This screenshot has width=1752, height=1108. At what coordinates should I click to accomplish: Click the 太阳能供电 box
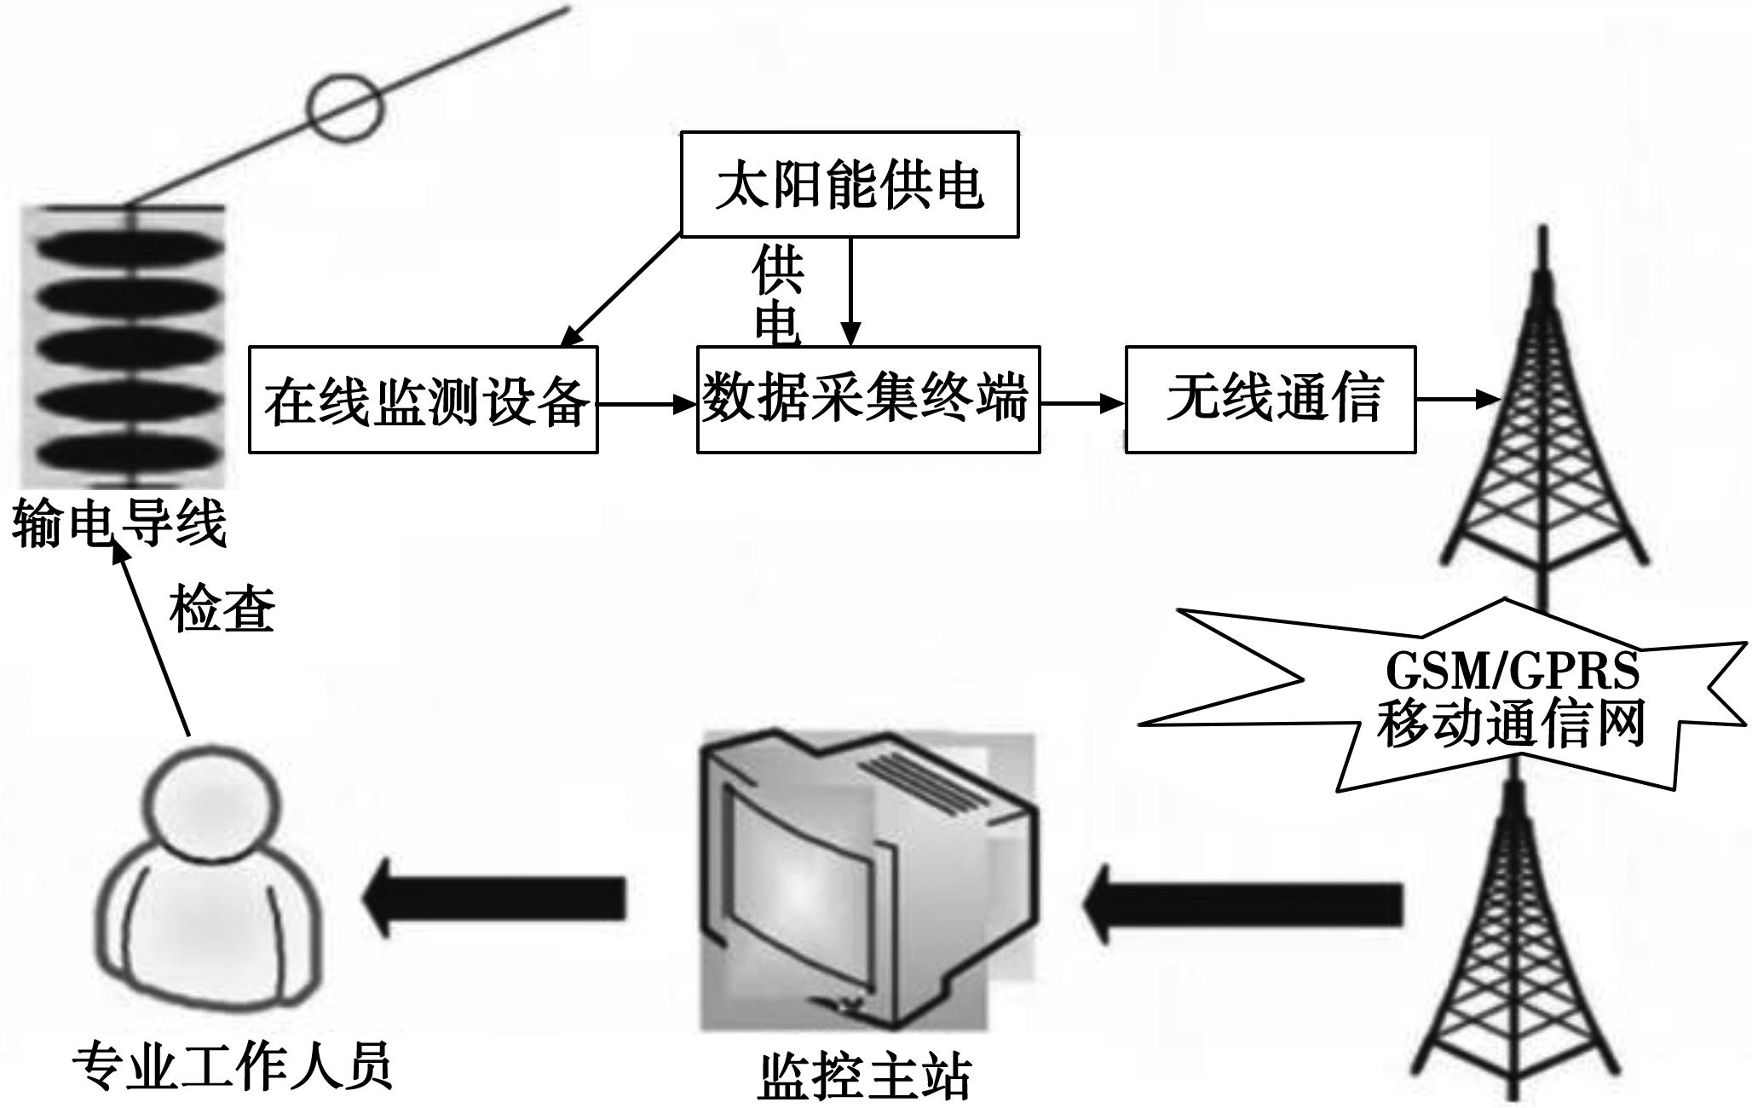pos(850,184)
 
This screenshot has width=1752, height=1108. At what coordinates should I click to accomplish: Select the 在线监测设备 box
pos(424,400)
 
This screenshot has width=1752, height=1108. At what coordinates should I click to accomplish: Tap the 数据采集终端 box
pos(867,399)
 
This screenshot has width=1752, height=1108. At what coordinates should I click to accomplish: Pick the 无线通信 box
pos(1271,399)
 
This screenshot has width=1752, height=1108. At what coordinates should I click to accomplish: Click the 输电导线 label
pos(119,523)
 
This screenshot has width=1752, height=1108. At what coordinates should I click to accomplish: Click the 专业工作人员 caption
pos(232,1065)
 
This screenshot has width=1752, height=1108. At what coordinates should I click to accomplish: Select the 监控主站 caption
pos(864,1076)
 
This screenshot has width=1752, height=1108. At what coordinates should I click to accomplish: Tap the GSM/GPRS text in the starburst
pos(1513,671)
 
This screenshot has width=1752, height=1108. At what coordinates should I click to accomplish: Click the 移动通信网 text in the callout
pos(1511,724)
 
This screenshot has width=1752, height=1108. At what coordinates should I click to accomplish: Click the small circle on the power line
pos(346,107)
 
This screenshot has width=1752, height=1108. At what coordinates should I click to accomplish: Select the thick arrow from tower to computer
pos(1244,904)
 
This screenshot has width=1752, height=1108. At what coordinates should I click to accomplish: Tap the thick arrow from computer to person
pos(494,897)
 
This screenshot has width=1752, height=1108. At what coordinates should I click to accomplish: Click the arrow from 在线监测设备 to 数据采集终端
pos(647,404)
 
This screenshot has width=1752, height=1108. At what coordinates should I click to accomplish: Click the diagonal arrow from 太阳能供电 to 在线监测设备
pos(621,291)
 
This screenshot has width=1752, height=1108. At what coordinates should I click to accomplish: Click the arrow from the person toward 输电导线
pos(153,639)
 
